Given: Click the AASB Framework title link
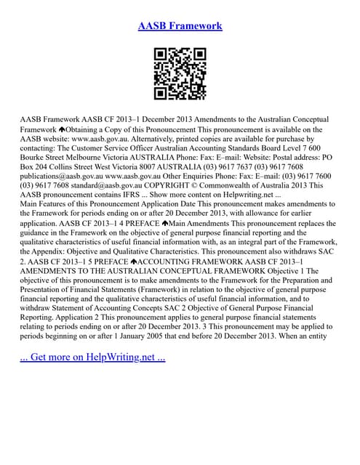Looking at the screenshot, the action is [180, 27].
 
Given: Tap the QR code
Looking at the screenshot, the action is [180, 73].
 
